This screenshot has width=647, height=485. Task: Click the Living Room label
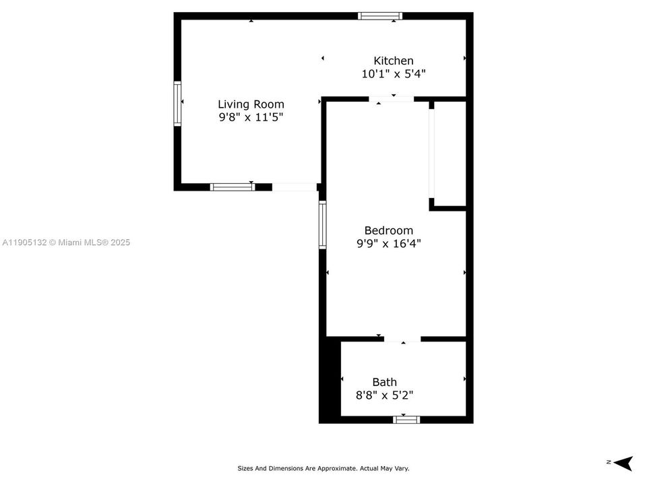coord(251,104)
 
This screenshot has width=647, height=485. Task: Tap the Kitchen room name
coord(394,61)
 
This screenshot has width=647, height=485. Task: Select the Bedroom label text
coord(389,230)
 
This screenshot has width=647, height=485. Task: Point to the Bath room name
coord(384,382)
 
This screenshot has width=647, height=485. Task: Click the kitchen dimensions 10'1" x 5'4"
coord(394,74)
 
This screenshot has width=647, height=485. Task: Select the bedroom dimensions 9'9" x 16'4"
coord(389,243)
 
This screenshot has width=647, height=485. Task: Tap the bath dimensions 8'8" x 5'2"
coord(384,395)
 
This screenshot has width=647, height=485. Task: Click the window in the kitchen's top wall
coord(380,16)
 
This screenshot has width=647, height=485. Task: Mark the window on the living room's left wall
coord(178,104)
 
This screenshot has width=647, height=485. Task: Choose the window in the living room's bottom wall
coord(233,187)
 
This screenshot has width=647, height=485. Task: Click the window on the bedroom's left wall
coord(323,225)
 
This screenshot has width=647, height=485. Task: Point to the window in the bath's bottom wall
coord(406,419)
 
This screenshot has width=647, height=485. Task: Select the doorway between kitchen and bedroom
coord(392,100)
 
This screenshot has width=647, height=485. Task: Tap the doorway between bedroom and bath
coord(402,339)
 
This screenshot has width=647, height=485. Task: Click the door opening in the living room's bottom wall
coord(295,187)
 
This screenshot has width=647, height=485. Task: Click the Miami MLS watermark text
coord(66,243)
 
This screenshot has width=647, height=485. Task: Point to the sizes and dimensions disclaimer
coord(323,468)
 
